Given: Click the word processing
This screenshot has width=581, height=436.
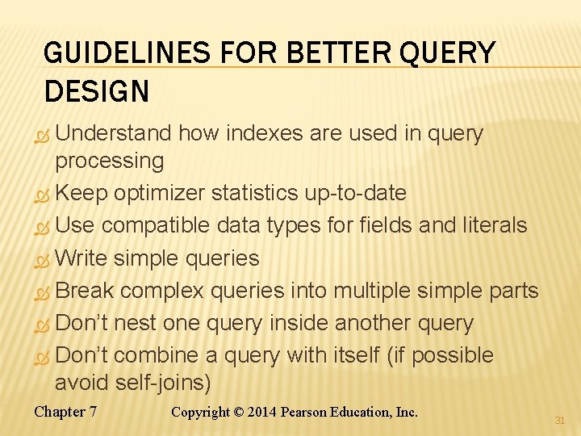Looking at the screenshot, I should click(x=109, y=160).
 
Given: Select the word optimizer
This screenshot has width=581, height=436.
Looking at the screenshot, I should click(x=159, y=193).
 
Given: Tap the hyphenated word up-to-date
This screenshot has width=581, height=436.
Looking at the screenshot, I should click(x=355, y=193).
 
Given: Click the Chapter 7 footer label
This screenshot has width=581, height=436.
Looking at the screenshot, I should click(x=65, y=412).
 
